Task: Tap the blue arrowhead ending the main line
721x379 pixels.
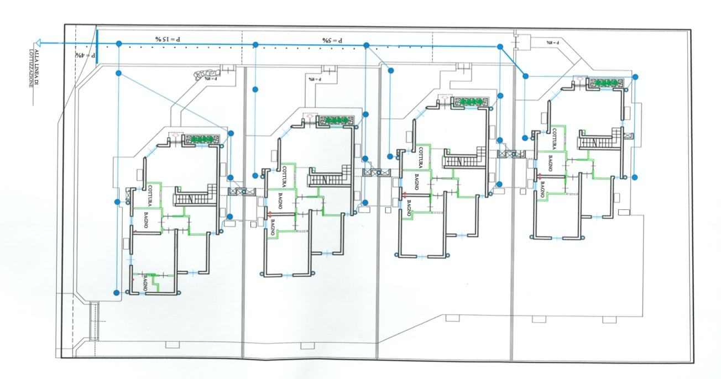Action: [36, 43]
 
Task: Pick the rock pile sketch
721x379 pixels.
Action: [206, 73]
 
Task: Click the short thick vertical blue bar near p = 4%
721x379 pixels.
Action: [97, 47]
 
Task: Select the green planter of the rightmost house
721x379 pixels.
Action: [605, 82]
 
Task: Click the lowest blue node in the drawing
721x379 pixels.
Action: [116, 292]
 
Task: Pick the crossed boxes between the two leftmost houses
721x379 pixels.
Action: [242, 191]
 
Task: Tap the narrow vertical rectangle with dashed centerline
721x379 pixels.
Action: [94, 320]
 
